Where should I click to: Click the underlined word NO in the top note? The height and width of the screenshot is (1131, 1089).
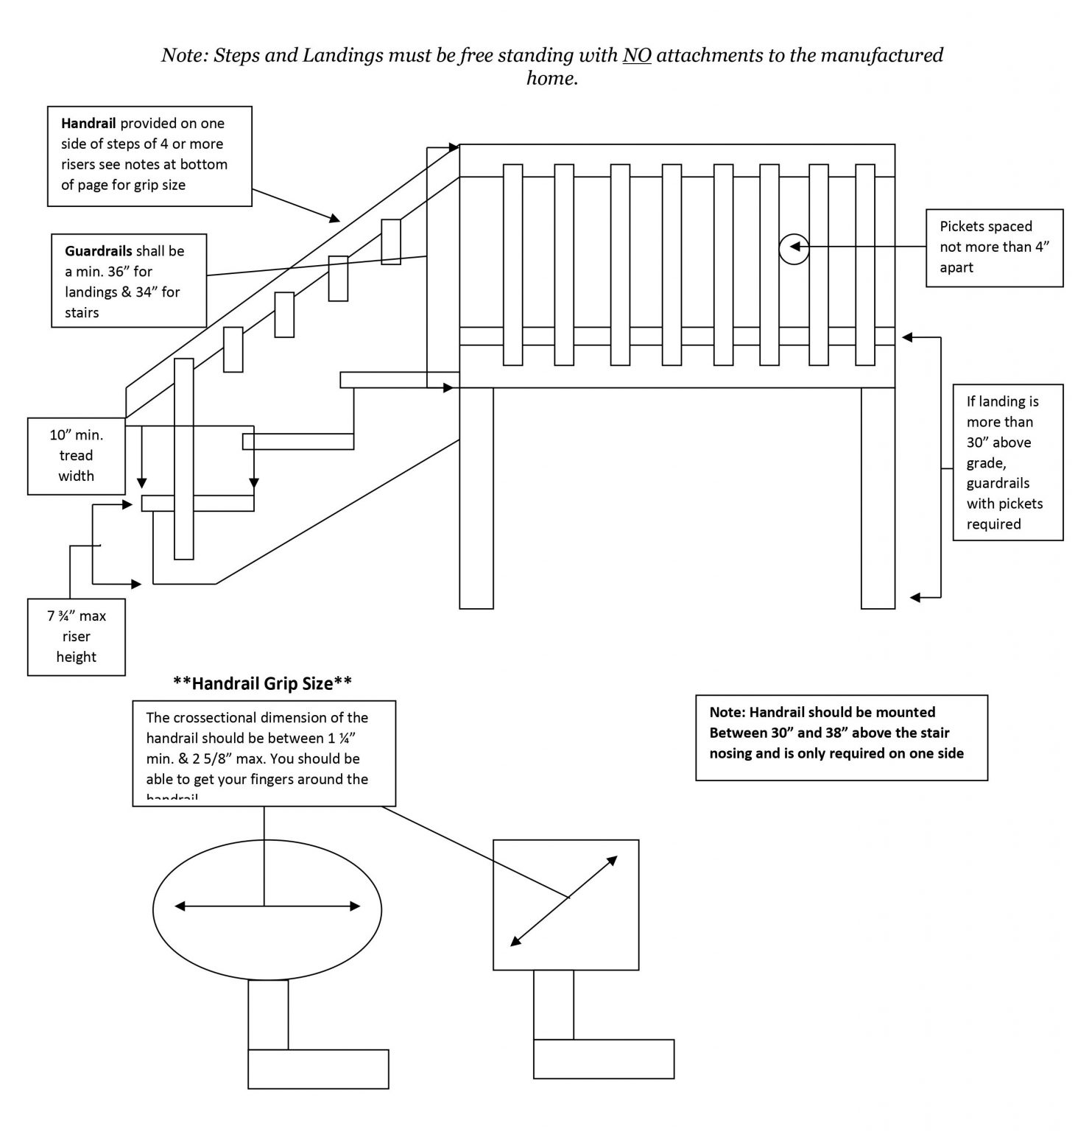coord(637,56)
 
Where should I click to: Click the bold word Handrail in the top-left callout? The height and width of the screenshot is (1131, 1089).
coord(88,124)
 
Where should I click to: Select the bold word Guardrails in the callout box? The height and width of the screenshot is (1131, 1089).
coord(99,251)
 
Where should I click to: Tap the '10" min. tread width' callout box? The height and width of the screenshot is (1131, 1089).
coord(76,456)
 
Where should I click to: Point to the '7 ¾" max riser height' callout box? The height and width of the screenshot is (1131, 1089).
coord(76,637)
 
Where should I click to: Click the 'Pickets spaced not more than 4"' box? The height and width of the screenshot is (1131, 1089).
coord(994,247)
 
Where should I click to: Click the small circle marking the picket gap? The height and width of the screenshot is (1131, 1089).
coord(794,249)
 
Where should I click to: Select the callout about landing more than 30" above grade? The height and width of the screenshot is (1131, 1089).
coord(1007,462)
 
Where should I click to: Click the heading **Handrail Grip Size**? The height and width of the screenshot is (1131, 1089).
coord(262,684)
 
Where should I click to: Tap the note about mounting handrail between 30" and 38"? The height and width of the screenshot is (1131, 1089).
coord(841,737)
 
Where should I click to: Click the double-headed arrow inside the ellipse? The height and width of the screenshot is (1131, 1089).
coord(267,906)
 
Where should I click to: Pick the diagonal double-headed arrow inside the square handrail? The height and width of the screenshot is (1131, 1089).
coord(564,901)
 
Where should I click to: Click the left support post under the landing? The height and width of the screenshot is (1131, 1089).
coord(476,498)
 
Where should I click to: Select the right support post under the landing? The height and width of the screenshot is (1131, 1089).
coord(878,498)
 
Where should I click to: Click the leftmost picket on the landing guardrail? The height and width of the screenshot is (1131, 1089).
coord(512,265)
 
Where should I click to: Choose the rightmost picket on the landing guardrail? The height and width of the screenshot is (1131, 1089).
coord(864,265)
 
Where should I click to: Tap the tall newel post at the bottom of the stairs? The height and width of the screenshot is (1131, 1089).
coord(184,459)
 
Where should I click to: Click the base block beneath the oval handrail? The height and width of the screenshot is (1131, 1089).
coord(318,1068)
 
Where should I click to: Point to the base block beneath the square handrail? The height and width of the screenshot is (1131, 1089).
coord(603,1059)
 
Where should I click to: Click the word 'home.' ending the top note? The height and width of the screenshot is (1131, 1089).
coord(551,79)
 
